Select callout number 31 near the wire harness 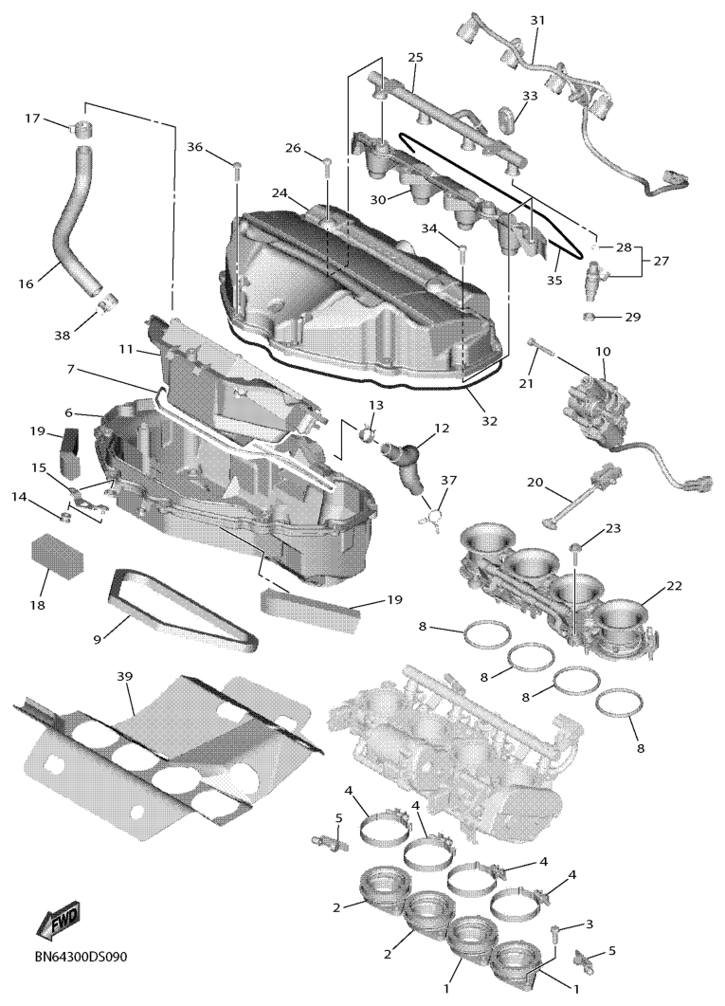pyautogui.click(x=537, y=20)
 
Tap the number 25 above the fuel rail pyautogui.click(x=415, y=58)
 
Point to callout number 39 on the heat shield pyautogui.click(x=125, y=676)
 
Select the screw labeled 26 pyautogui.click(x=327, y=169)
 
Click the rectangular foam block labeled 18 pyautogui.click(x=57, y=556)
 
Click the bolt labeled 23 pyautogui.click(x=576, y=547)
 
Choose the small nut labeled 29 pyautogui.click(x=589, y=316)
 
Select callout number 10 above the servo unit pyautogui.click(x=602, y=352)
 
